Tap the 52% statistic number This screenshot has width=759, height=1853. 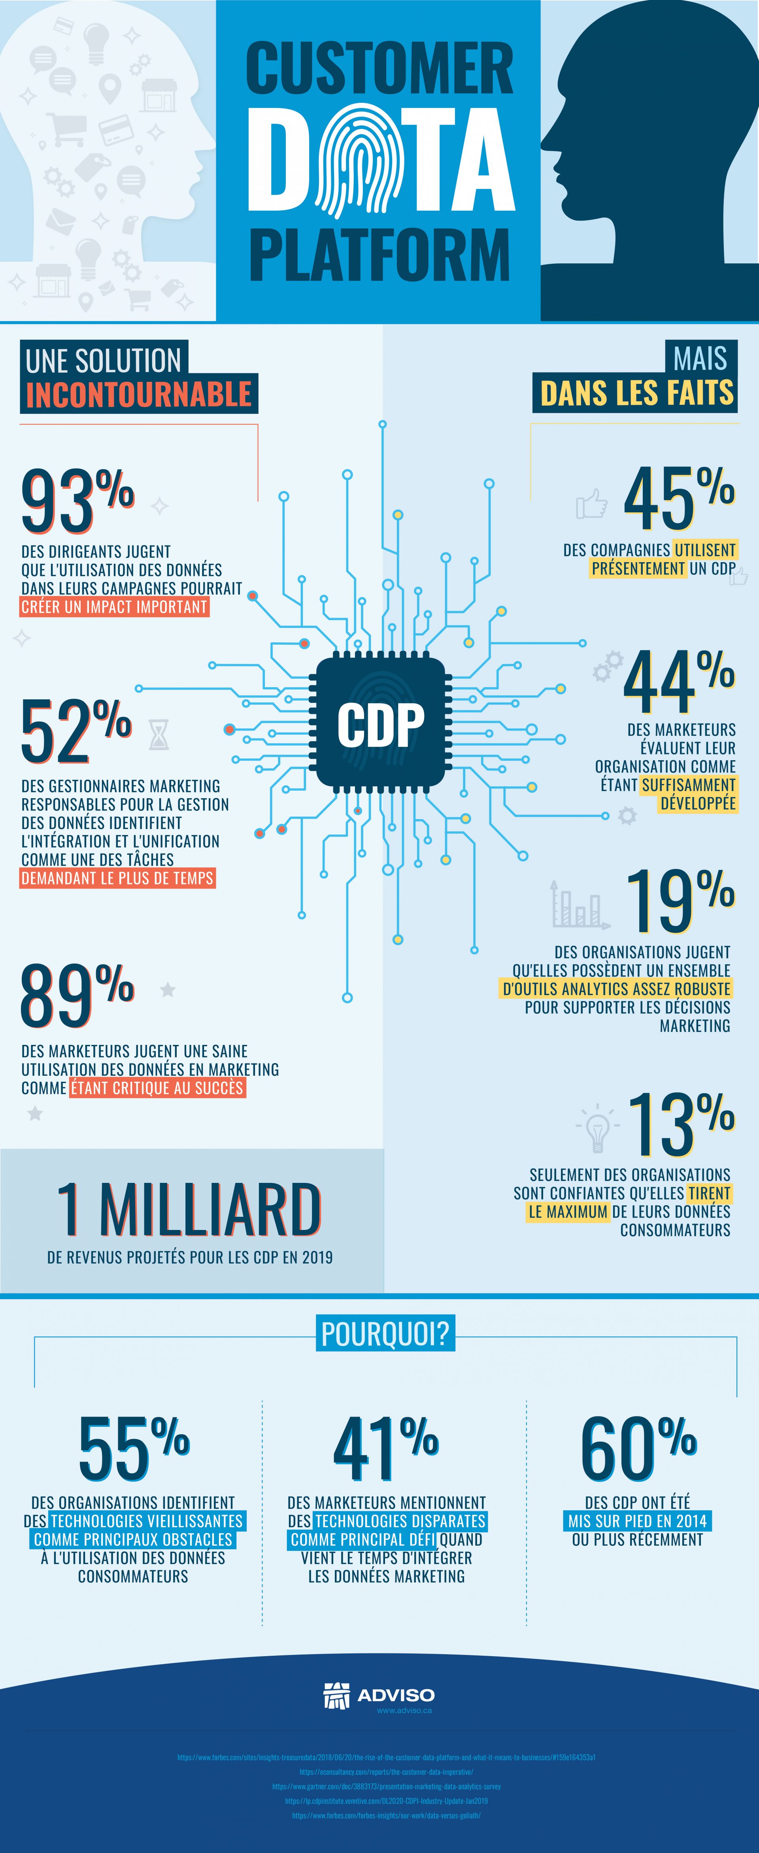click(x=75, y=731)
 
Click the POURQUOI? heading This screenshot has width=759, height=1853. click(x=385, y=1334)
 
